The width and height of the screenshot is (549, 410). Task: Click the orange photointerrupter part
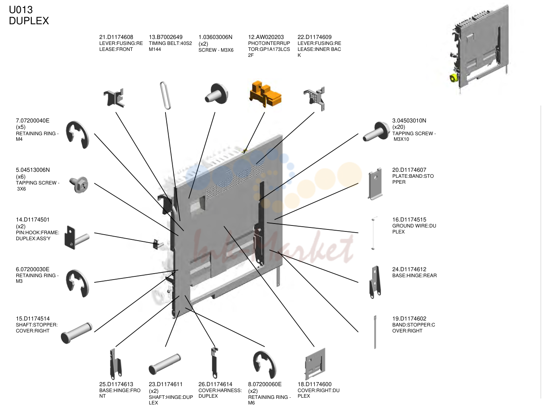pyautogui.click(x=265, y=94)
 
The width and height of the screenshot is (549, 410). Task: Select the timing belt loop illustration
pyautogui.click(x=165, y=95)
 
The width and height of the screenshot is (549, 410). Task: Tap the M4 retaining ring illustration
pyautogui.click(x=77, y=135)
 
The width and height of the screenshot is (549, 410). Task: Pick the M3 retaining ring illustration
pyautogui.click(x=77, y=284)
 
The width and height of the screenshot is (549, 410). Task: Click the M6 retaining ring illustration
pyautogui.click(x=265, y=365)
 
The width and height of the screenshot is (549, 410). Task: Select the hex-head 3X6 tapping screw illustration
pyautogui.click(x=79, y=185)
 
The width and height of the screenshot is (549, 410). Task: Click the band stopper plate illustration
pyautogui.click(x=375, y=184)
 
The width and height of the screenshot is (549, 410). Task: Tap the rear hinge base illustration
pyautogui.click(x=375, y=282)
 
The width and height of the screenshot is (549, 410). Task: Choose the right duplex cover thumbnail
pyautogui.click(x=315, y=364)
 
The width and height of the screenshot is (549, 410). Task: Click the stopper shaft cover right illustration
pyautogui.click(x=76, y=333)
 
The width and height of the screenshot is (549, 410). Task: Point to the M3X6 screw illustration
pyautogui.click(x=216, y=94)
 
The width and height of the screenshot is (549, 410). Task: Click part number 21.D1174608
pyautogui.click(x=116, y=37)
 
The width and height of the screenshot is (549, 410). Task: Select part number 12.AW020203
pyautogui.click(x=266, y=37)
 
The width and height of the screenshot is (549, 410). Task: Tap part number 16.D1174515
pyautogui.click(x=409, y=220)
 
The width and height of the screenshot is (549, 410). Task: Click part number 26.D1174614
pyautogui.click(x=215, y=384)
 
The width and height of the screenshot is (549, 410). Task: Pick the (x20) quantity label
pyautogui.click(x=399, y=127)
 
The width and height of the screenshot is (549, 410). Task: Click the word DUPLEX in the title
pyautogui.click(x=29, y=21)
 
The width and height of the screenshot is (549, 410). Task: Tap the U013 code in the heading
pyautogui.click(x=21, y=10)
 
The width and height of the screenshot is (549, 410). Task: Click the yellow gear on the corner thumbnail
pyautogui.click(x=453, y=78)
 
